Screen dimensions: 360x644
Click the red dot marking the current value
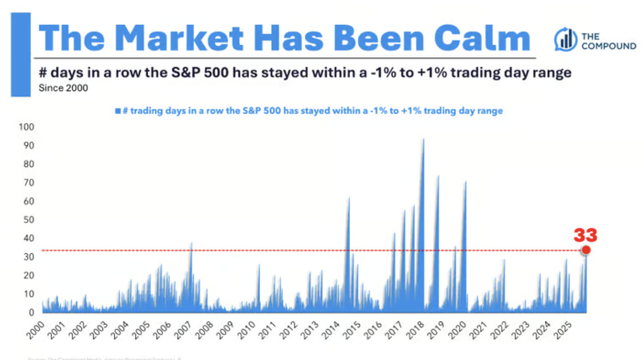point(586,250)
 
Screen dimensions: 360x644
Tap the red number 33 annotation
point(585,235)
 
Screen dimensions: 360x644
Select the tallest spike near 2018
point(423,140)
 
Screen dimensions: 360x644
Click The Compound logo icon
point(565,39)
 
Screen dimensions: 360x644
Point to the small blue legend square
point(117,111)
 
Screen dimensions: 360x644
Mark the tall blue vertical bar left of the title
point(20,55)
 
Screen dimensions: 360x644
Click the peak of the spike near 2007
point(192,243)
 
